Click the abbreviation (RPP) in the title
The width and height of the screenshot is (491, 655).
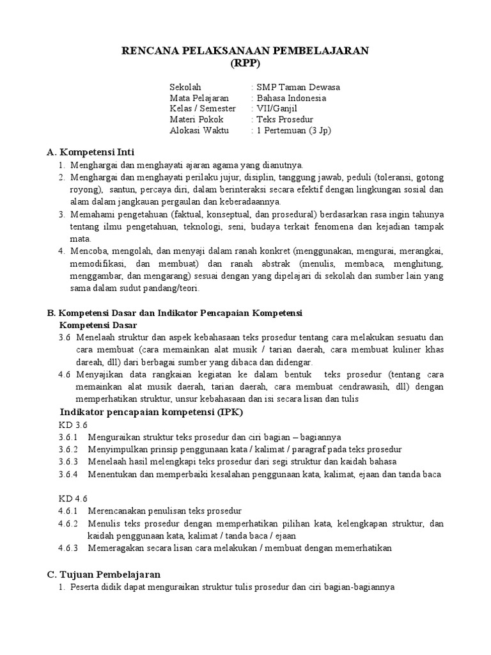(x=245, y=64)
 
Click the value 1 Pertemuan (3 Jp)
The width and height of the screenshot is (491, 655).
(x=293, y=130)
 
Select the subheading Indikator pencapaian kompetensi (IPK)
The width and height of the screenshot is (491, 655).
(x=151, y=411)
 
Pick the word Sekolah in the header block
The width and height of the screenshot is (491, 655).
(x=185, y=87)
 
